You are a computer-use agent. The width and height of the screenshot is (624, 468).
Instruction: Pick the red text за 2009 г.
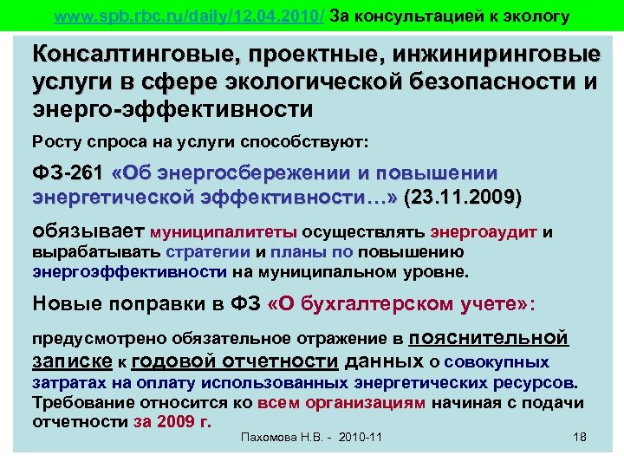(173, 421)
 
